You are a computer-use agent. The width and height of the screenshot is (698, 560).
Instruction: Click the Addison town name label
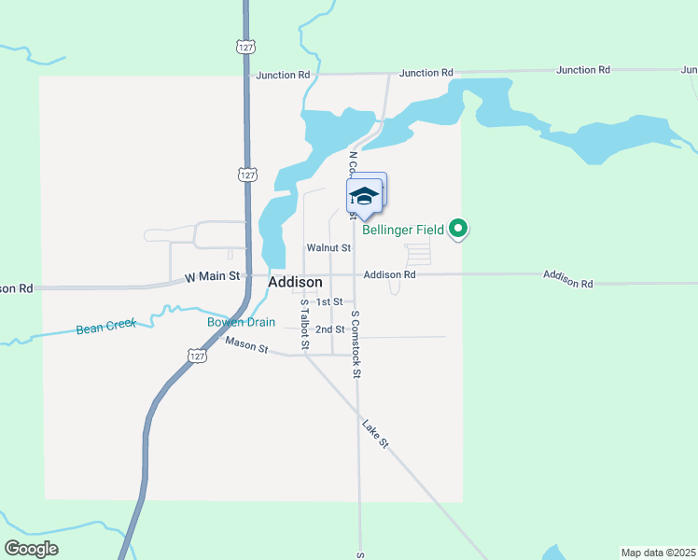coord(295,282)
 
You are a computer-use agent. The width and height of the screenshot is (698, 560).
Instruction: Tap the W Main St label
coord(213,276)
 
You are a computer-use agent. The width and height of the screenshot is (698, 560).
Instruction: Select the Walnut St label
coord(328,248)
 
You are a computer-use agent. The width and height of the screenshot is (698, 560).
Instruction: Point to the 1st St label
coord(329,302)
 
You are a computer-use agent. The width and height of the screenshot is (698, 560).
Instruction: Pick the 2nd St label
coord(329,329)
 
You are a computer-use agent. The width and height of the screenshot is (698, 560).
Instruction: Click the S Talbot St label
coord(304,326)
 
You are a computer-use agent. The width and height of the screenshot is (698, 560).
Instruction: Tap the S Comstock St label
coord(356,344)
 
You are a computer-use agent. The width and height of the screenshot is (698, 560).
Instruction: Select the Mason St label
coord(246,347)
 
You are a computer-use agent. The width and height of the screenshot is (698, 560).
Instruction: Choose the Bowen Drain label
coord(241,323)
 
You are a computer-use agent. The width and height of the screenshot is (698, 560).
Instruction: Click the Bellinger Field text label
coord(403,230)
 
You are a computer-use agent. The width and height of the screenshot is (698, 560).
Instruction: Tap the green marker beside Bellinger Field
coord(458,228)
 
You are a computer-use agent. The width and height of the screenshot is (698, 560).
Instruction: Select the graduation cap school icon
coord(363,196)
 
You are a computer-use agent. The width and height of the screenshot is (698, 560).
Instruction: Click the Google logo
coord(31,549)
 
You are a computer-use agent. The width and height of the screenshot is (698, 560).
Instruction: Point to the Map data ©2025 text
coord(658,552)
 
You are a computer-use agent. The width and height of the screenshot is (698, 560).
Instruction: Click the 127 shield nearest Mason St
coord(195,356)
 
